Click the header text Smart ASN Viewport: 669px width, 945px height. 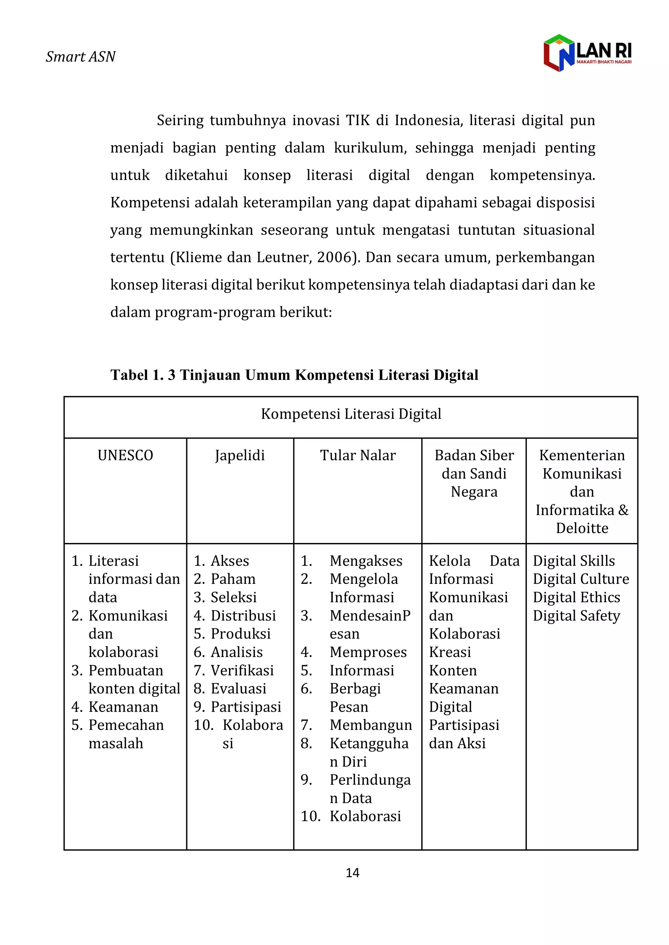pyautogui.click(x=81, y=57)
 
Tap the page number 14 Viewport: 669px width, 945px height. pyautogui.click(x=352, y=873)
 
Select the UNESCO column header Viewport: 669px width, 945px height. pyautogui.click(x=125, y=455)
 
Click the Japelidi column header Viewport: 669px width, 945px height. pyautogui.click(x=240, y=456)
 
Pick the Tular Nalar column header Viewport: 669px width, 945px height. pyautogui.click(x=358, y=455)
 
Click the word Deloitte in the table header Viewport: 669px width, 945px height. pyautogui.click(x=582, y=528)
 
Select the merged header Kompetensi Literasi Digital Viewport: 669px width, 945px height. pyautogui.click(x=351, y=414)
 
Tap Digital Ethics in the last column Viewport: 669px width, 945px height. pyautogui.click(x=576, y=597)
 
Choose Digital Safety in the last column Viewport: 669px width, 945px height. pyautogui.click(x=576, y=616)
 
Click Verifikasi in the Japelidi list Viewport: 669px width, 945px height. pyautogui.click(x=242, y=670)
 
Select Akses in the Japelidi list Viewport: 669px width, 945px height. pyautogui.click(x=230, y=561)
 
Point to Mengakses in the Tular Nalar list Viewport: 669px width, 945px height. pyautogui.click(x=366, y=561)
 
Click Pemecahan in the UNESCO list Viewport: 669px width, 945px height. pyautogui.click(x=126, y=725)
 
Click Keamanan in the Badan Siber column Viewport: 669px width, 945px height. pyautogui.click(x=464, y=689)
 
